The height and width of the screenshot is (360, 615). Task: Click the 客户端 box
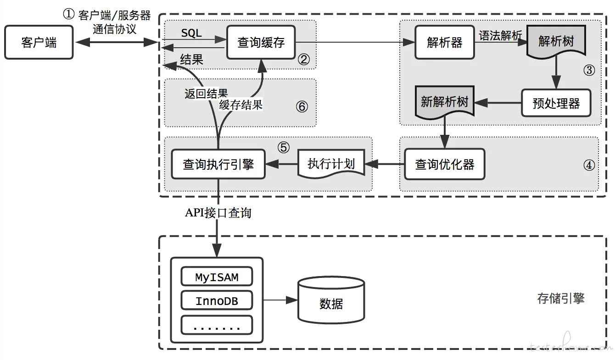click(x=39, y=43)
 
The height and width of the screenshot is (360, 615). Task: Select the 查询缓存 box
click(x=261, y=43)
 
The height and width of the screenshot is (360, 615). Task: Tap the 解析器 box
click(x=444, y=43)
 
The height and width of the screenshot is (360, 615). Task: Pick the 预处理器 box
click(x=556, y=103)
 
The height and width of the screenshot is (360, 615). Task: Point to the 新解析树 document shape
click(x=444, y=102)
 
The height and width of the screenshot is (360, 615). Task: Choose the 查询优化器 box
click(x=444, y=164)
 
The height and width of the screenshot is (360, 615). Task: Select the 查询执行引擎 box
click(x=218, y=164)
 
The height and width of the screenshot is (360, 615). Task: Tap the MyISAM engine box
click(x=217, y=277)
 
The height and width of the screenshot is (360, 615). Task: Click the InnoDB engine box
click(x=217, y=301)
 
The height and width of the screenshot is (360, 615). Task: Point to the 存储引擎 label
click(x=561, y=299)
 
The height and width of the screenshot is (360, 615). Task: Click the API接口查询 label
click(x=218, y=213)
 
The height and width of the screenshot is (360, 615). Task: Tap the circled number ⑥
click(x=302, y=107)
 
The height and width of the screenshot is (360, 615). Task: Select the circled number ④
click(x=589, y=165)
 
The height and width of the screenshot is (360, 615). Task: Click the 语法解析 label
click(x=500, y=36)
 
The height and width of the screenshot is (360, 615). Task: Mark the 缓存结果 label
click(x=241, y=105)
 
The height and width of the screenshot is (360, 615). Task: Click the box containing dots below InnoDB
click(x=217, y=325)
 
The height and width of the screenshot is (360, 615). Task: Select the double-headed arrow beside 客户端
click(x=117, y=43)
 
